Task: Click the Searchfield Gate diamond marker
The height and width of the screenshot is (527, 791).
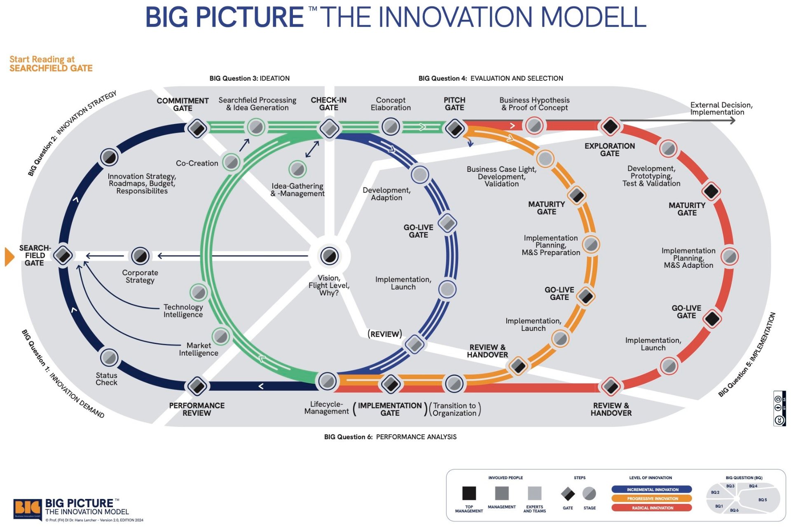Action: click(63, 255)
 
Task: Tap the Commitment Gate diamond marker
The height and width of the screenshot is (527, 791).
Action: click(197, 128)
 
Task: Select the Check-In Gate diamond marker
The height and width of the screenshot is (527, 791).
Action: click(329, 128)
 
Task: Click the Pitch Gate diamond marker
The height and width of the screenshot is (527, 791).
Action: click(455, 128)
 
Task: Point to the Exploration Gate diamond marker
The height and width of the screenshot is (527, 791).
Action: click(610, 126)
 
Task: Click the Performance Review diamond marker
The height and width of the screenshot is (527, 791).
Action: click(197, 386)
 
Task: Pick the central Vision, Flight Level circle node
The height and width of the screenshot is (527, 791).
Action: click(329, 256)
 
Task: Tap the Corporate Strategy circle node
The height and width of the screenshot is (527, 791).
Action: click(140, 256)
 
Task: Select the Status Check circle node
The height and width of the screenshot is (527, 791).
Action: click(109, 357)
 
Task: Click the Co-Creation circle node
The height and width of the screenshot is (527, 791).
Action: click(231, 162)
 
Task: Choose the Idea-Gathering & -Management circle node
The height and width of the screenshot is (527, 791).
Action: click(297, 169)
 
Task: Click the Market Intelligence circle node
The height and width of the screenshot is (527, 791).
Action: click(221, 336)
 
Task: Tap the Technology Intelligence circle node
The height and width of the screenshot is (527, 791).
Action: click(199, 292)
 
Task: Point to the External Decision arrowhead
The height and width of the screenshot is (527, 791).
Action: click(732, 120)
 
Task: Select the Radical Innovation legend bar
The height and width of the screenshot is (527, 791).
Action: click(652, 508)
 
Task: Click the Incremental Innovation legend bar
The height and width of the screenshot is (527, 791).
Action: click(652, 490)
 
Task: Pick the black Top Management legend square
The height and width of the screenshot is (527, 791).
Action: click(469, 493)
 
